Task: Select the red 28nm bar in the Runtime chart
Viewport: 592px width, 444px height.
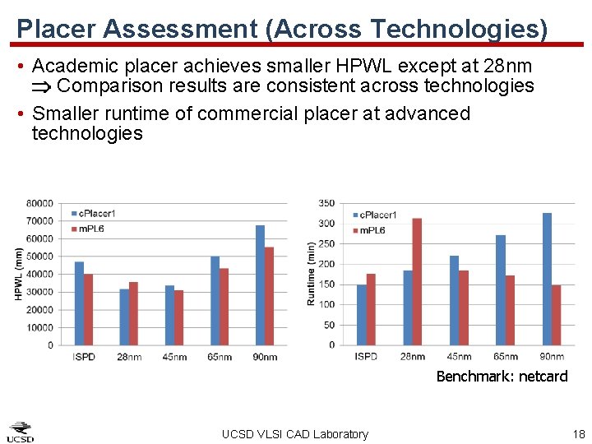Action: click(417, 281)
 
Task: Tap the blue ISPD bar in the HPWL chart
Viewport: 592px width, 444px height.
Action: click(79, 303)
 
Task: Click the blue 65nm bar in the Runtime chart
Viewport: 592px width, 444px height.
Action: click(500, 289)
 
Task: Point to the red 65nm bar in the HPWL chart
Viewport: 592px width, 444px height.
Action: click(224, 306)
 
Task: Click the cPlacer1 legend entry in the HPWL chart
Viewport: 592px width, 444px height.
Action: click(95, 215)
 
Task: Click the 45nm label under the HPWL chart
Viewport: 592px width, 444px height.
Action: click(173, 357)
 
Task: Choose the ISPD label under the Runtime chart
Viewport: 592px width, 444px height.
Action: click(366, 357)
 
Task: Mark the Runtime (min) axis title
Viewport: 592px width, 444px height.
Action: click(311, 274)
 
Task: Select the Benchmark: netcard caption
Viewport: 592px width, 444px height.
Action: click(502, 377)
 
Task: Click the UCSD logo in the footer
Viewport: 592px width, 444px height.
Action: click(21, 432)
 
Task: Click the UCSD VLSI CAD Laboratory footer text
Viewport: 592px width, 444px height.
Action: click(295, 434)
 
